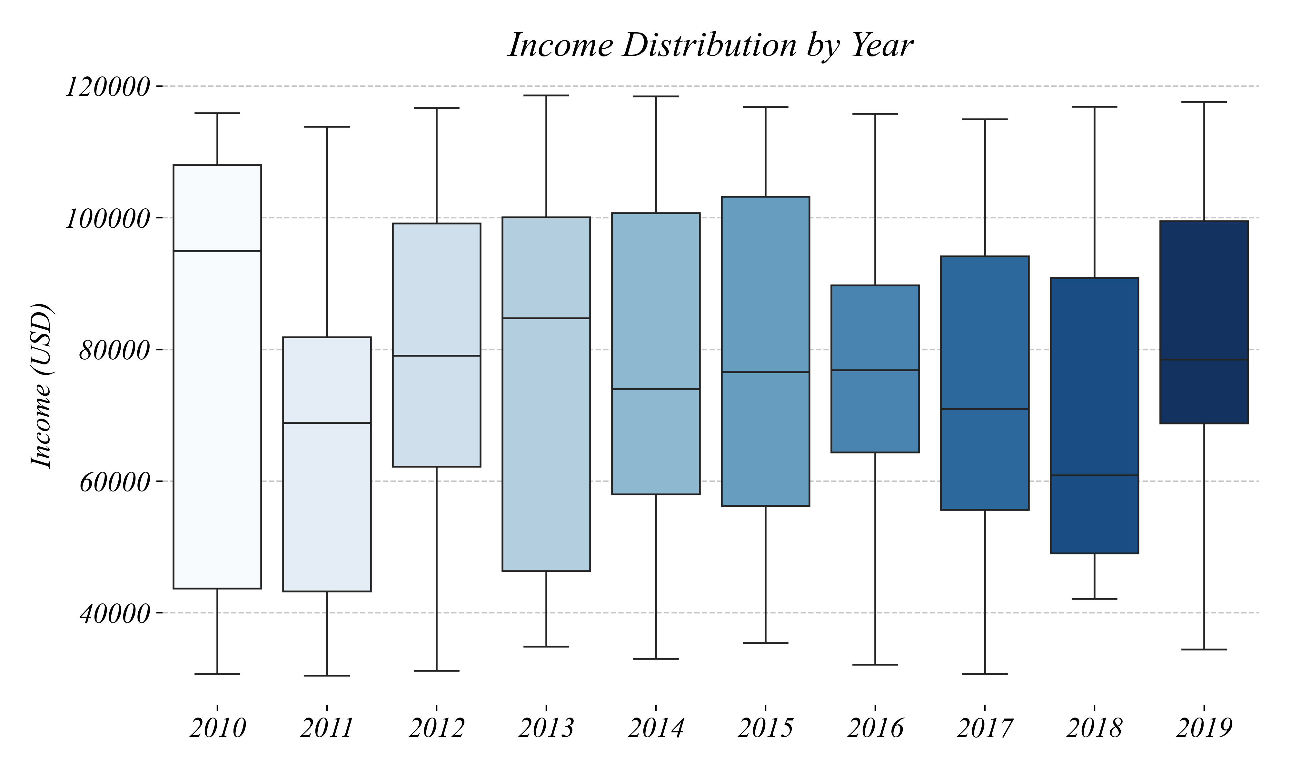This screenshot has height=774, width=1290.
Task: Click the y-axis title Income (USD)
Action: [x=42, y=386]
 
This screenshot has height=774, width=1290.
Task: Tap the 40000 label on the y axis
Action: [x=115, y=614]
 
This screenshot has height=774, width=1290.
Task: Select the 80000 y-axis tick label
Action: [x=115, y=351]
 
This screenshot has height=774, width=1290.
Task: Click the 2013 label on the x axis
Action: [x=546, y=729]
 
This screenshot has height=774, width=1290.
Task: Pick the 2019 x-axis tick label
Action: [x=1204, y=729]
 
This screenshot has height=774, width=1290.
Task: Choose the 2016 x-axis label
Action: [x=875, y=729]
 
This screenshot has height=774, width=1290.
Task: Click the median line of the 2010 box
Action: [x=217, y=251]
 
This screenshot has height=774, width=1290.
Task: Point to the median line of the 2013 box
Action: [x=546, y=318]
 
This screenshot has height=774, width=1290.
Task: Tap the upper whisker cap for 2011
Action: [x=327, y=127]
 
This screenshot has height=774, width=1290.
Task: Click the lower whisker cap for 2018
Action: [x=1095, y=599]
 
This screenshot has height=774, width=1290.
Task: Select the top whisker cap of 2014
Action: [x=656, y=96]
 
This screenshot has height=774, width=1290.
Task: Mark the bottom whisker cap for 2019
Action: [x=1204, y=649]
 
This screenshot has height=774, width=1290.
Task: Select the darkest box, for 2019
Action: [x=1204, y=292]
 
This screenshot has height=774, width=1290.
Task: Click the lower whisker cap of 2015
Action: [x=765, y=643]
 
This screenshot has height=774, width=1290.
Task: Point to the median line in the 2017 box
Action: [x=985, y=409]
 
